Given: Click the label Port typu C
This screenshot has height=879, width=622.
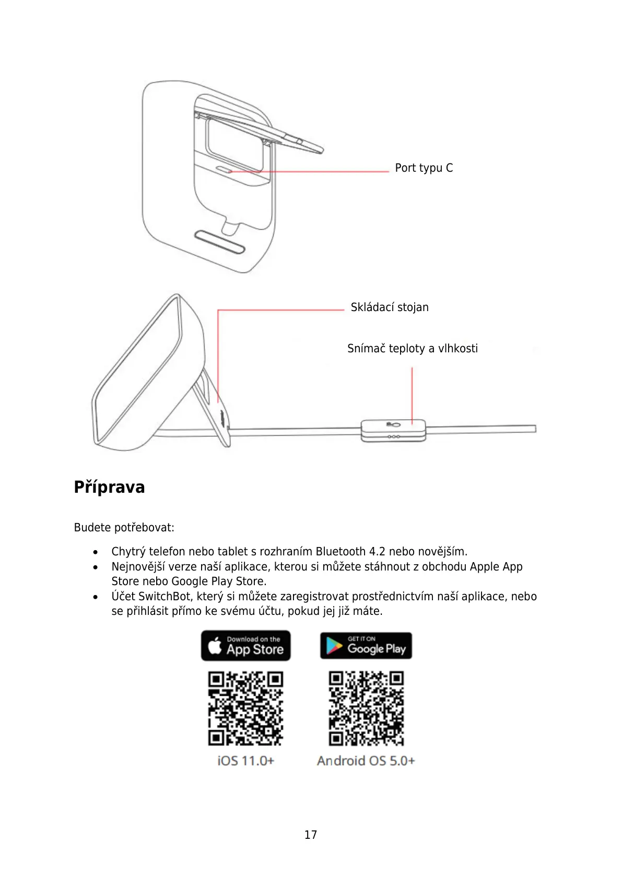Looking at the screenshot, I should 424,168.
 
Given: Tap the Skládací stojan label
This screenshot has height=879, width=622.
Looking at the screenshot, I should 390,307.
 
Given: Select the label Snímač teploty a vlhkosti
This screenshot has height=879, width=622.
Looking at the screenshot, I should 412,349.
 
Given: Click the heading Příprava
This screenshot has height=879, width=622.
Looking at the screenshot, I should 109,487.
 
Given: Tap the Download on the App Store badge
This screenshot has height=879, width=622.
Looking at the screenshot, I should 245,646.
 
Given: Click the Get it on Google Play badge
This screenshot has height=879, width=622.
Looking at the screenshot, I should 366,646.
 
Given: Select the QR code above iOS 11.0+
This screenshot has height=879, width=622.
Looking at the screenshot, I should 245,708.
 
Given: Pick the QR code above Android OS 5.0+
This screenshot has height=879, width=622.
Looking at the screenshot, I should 366,708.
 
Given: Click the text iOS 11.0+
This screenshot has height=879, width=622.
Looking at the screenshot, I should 245,761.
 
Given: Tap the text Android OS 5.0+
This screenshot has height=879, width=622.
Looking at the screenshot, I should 366,761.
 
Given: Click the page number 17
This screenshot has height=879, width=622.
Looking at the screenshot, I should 311,835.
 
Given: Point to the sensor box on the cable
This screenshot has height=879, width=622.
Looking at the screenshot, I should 393,431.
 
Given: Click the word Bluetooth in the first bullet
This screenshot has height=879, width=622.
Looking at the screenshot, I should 341,552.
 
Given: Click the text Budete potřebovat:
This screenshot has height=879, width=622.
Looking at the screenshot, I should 124,528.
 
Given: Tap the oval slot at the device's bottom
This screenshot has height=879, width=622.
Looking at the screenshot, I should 219,242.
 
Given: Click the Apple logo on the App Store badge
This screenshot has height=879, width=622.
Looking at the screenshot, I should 215,646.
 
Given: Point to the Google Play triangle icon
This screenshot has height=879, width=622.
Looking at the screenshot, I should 333,646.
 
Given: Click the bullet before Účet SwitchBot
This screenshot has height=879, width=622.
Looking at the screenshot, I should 96,597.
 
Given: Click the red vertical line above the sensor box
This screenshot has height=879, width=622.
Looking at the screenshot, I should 412,394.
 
